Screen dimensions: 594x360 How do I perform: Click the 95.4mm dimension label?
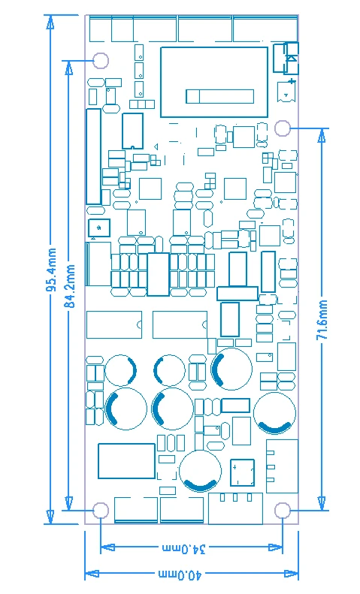pos(51,270)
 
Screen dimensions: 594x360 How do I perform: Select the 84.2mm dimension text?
pos(69,286)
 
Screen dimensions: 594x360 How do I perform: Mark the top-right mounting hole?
pos(283,128)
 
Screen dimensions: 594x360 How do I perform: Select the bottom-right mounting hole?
pos(283,511)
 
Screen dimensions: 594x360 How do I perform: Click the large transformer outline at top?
pos(214,82)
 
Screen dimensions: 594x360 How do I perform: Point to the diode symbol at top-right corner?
pos(291,56)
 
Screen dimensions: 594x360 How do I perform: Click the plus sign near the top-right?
pos(291,80)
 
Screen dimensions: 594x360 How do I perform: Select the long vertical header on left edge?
pos(93,156)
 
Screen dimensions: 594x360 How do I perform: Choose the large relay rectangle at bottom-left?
pos(126,460)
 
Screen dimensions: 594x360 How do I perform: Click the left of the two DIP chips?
pos(114,324)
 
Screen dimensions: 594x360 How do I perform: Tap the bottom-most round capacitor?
pos(201,472)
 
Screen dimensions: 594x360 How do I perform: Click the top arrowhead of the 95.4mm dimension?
pos(50,21)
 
